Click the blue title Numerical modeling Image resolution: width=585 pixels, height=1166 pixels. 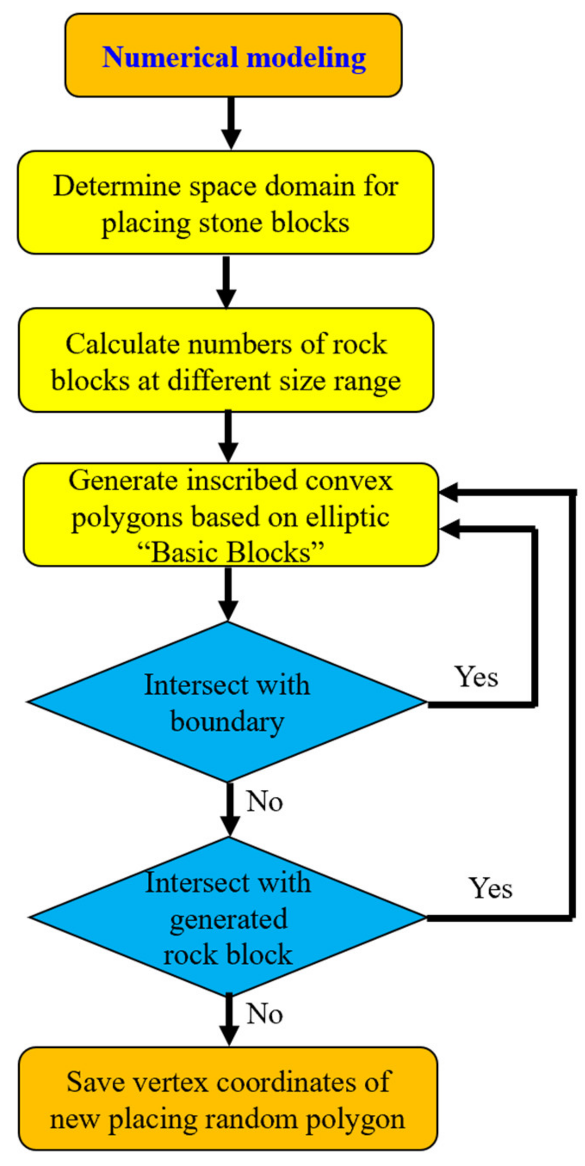point(234,58)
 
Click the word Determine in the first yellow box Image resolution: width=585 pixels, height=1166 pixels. point(117,186)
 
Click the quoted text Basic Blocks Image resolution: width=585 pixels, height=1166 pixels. point(231,552)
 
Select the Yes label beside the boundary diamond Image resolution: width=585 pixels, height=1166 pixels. point(476,677)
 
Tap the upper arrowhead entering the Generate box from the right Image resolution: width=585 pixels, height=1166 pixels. point(449,492)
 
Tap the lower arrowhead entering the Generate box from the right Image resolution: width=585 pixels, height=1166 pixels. point(449,529)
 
